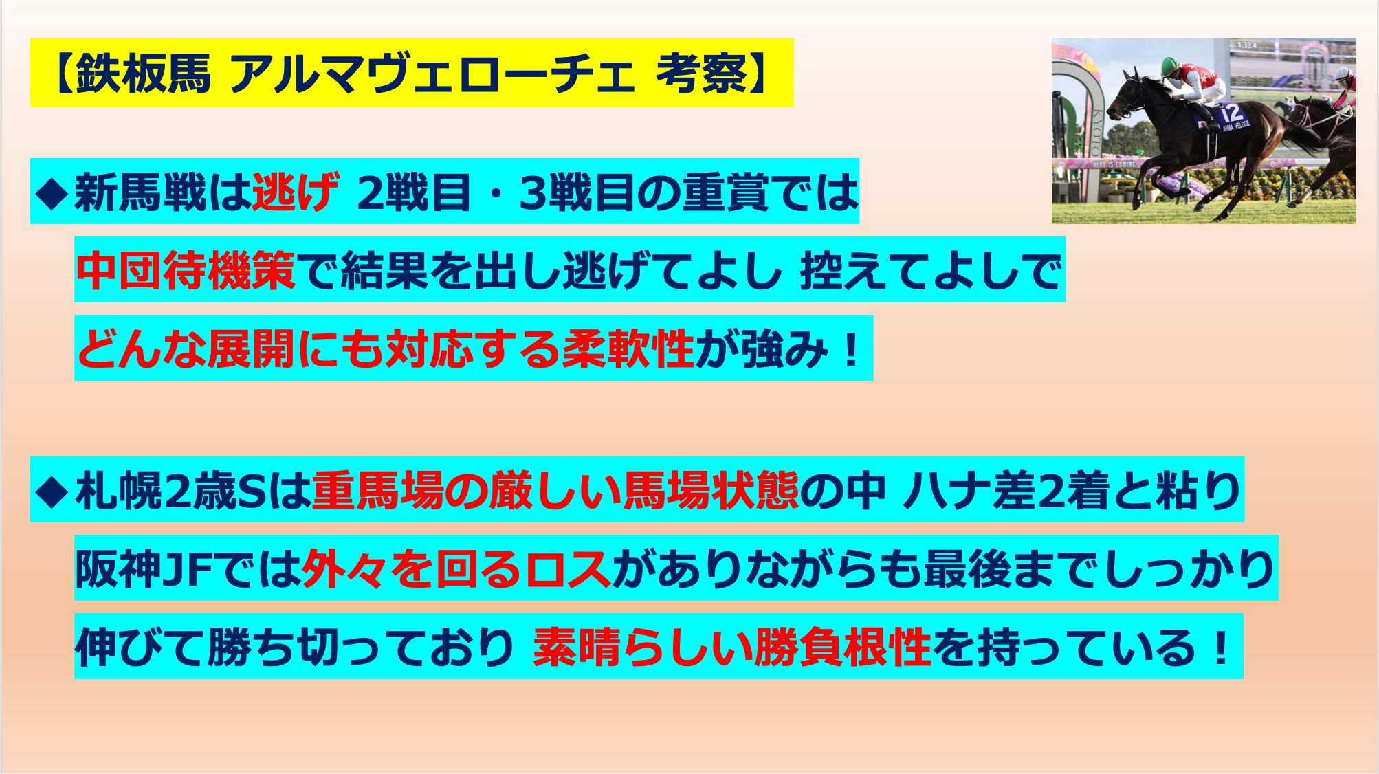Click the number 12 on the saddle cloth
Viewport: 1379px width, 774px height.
click(x=1232, y=112)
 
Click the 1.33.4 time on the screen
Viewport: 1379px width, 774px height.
click(x=1246, y=45)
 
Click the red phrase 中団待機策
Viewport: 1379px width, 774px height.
click(x=186, y=270)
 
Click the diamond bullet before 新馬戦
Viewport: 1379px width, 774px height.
click(x=52, y=193)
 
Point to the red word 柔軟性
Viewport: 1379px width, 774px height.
click(x=628, y=349)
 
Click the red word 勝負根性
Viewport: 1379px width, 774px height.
click(x=843, y=648)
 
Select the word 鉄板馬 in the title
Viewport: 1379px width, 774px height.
click(x=143, y=74)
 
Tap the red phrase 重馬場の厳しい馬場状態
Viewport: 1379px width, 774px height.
click(x=555, y=491)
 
